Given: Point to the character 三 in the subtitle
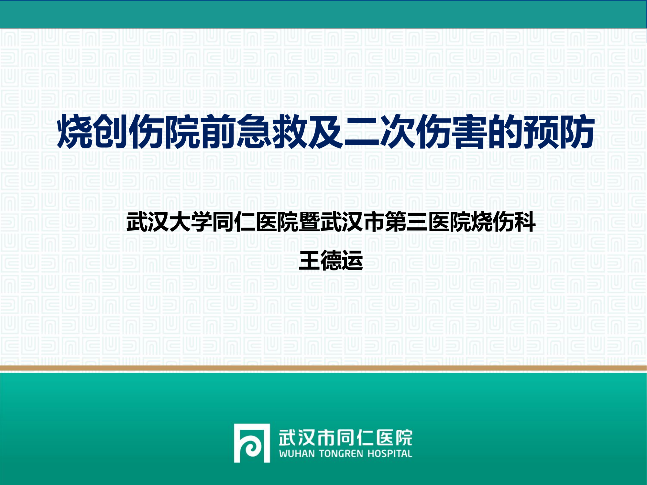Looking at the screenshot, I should tap(417, 222).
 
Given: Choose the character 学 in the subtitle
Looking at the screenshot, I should tap(202, 222).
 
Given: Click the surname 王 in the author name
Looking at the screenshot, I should tap(310, 261).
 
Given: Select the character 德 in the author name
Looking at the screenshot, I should tap(331, 261).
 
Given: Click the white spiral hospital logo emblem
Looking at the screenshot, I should tap(252, 443).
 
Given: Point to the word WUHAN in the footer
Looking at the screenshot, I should tap(297, 454).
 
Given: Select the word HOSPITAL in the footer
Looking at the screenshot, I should tap(389, 454).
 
